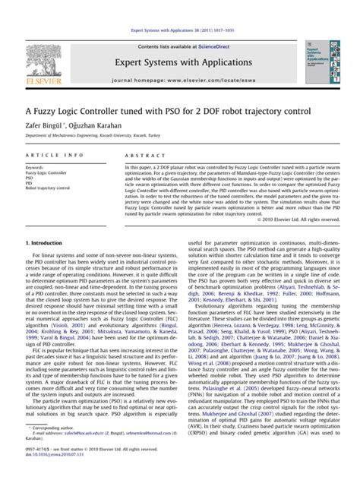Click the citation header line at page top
(x=180, y=9)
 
